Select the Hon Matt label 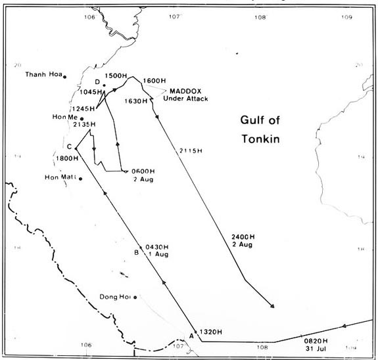point(60,177)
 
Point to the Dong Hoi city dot point(135,298)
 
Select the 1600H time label point(154,81)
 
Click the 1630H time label point(136,101)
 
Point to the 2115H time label point(191,152)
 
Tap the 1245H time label point(83,108)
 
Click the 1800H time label point(68,158)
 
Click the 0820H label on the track point(316,340)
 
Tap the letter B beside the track point(136,252)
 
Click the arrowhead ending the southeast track point(272,306)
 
